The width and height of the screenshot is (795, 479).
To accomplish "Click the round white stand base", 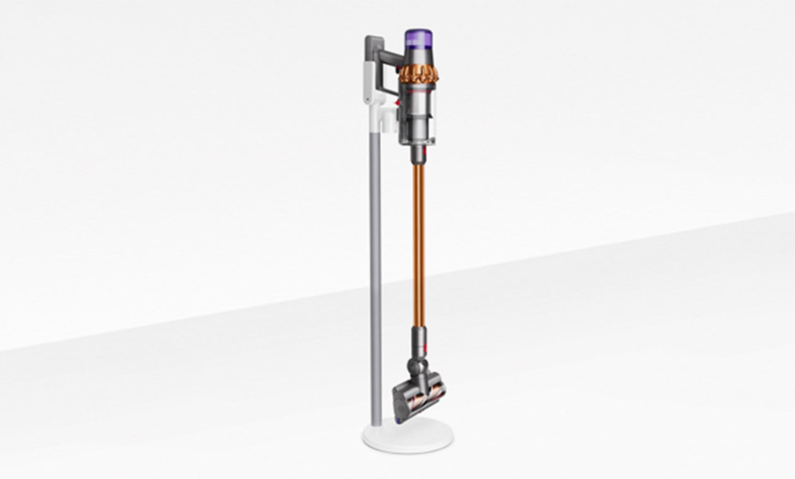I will pyautogui.click(x=408, y=436).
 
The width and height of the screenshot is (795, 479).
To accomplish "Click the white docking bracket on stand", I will pyautogui.click(x=389, y=120).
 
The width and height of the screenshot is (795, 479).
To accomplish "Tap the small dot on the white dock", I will pyautogui.click(x=368, y=99).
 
